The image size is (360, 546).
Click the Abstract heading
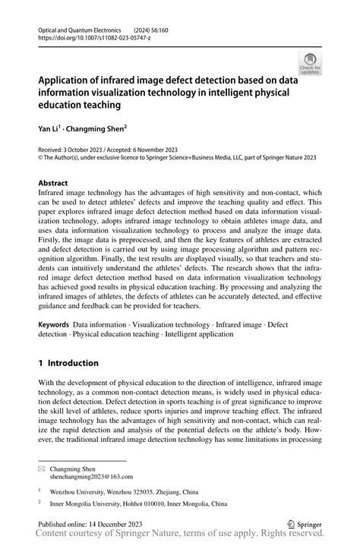(x=53, y=183)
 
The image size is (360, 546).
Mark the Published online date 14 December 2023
(x=110, y=524)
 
